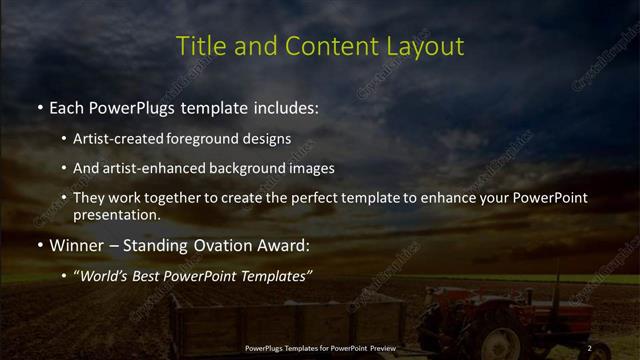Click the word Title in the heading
click(x=197, y=46)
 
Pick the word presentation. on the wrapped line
click(x=117, y=214)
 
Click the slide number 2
click(x=589, y=347)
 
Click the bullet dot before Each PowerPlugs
click(x=39, y=106)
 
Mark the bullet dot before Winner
click(x=39, y=244)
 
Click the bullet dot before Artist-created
click(x=64, y=139)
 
